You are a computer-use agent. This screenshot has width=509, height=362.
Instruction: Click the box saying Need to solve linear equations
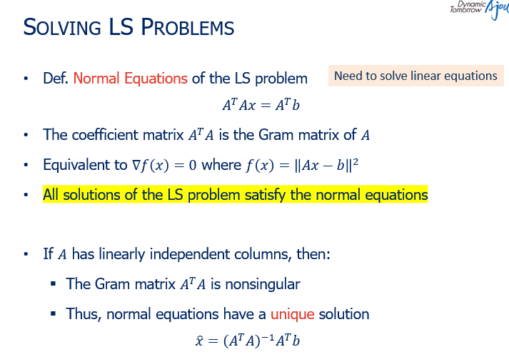[415, 76]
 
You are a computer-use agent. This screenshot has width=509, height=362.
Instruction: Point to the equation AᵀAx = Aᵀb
[260, 106]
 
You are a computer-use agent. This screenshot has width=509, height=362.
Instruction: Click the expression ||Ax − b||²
[317, 165]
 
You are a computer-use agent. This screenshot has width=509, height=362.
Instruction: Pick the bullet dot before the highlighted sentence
[26, 195]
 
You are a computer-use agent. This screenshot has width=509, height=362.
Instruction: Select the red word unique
[292, 313]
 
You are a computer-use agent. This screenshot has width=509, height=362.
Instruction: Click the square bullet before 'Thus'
[54, 314]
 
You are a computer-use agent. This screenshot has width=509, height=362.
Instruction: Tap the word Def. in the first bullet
[55, 78]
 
